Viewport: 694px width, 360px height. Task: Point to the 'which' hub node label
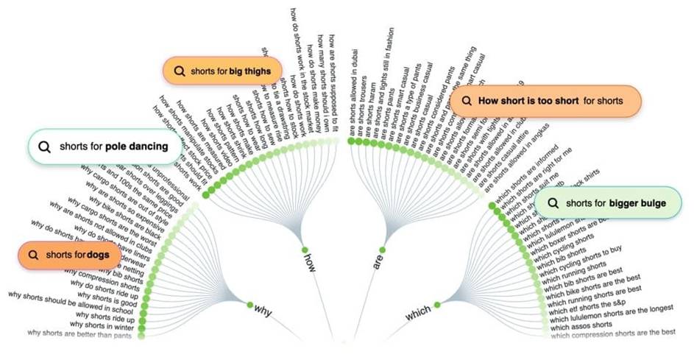(418, 314)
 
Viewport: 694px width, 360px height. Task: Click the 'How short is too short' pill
(545, 100)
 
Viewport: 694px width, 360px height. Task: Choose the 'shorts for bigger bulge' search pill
(609, 202)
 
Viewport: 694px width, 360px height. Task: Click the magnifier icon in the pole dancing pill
(46, 147)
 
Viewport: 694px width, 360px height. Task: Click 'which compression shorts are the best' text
(612, 333)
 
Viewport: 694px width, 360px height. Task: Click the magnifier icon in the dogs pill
(33, 255)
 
